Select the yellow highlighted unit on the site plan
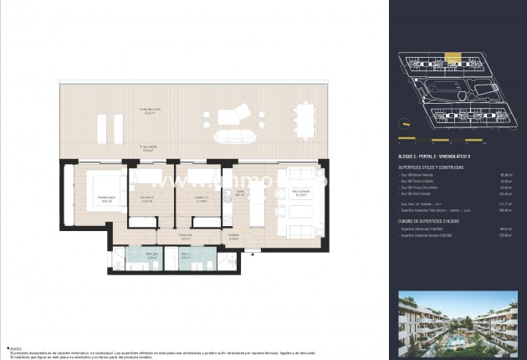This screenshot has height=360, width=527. [x=452, y=58]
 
